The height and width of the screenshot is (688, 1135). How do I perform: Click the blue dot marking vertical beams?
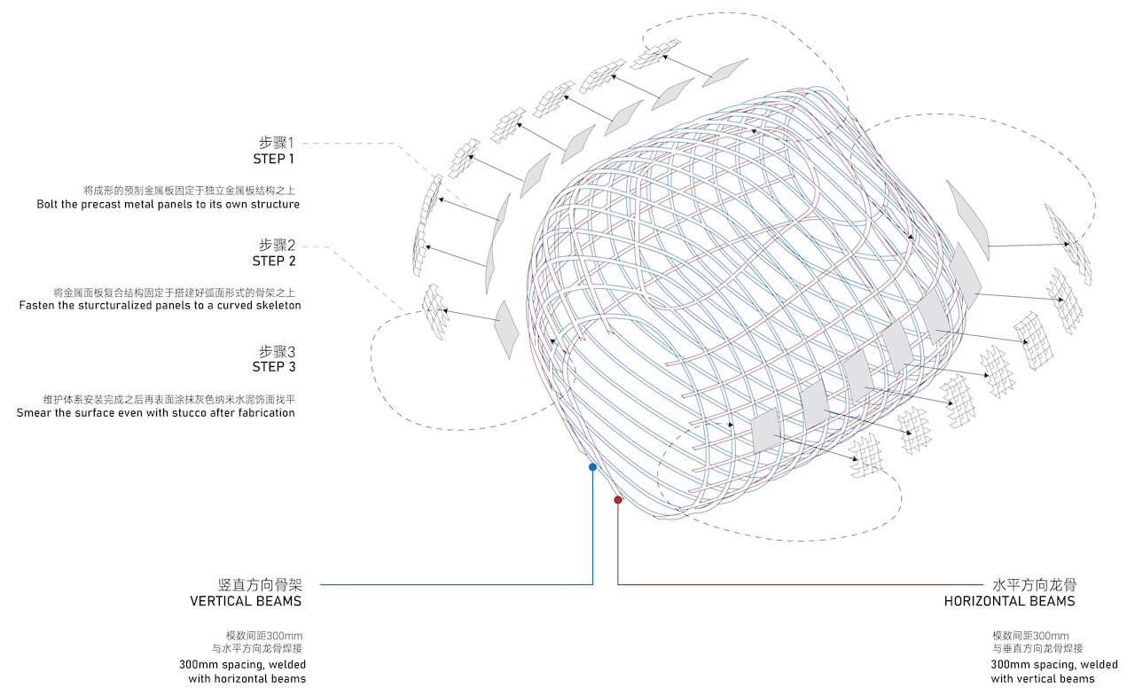point(592,466)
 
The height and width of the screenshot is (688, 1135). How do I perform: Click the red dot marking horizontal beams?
point(618,499)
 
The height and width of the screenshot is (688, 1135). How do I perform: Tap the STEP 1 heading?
point(274,159)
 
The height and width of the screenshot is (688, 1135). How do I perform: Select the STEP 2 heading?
point(274,261)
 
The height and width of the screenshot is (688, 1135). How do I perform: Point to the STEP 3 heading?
point(274,366)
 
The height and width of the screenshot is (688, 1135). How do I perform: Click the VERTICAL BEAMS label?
point(246,601)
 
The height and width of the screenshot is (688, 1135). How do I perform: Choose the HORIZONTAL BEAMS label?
point(1009,601)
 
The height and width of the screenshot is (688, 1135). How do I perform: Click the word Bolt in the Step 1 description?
point(47,204)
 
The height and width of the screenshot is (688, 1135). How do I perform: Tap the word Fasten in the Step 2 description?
point(35,305)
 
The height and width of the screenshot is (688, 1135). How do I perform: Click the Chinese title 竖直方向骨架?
point(260,584)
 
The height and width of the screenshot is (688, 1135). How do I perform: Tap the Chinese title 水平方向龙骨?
point(1034,584)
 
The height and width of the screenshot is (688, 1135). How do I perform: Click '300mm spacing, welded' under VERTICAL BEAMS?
point(243,664)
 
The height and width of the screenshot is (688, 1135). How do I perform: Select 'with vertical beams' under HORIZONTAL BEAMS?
point(1043,678)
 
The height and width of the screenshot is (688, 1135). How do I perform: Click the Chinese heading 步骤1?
point(276,143)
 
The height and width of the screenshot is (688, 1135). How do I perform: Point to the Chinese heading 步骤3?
point(278,351)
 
